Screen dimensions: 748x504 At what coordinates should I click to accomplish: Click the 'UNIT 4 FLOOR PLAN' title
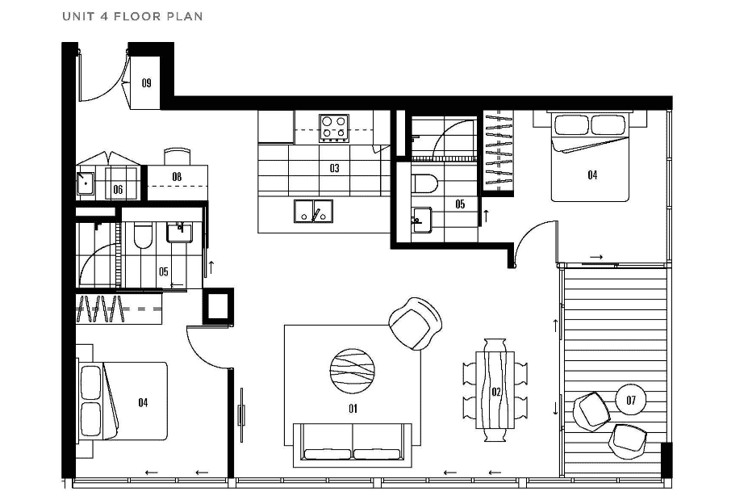[132, 16]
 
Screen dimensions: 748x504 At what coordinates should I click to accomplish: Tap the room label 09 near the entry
[146, 83]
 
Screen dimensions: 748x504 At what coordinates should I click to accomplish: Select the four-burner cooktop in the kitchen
[334, 128]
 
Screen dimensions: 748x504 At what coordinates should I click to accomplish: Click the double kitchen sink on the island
[313, 211]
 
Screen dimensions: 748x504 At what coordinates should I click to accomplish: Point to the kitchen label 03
[334, 168]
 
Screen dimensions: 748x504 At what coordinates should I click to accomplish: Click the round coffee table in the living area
[352, 372]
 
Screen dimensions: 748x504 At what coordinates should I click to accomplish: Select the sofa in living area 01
[353, 445]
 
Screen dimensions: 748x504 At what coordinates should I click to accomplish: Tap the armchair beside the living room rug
[416, 323]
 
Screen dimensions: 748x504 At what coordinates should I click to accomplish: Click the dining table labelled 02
[495, 390]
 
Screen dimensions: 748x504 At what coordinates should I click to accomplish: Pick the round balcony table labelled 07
[631, 399]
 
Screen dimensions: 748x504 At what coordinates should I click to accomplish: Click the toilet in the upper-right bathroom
[425, 183]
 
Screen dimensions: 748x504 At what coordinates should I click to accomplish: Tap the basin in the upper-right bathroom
[422, 220]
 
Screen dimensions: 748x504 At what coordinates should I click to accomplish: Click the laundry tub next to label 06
[86, 182]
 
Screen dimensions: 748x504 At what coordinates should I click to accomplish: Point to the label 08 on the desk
[177, 177]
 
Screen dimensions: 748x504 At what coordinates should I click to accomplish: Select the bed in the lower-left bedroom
[123, 401]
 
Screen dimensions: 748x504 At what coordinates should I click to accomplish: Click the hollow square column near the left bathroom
[218, 307]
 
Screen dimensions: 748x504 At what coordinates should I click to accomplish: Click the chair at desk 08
[178, 157]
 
